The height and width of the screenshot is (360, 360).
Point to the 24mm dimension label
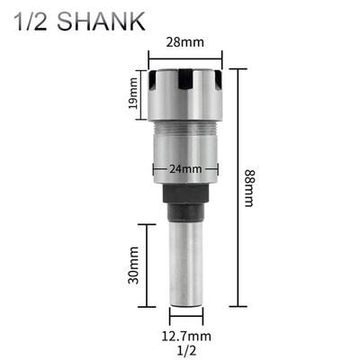click(x=184, y=167)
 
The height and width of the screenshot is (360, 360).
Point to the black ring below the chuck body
click(x=184, y=198)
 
